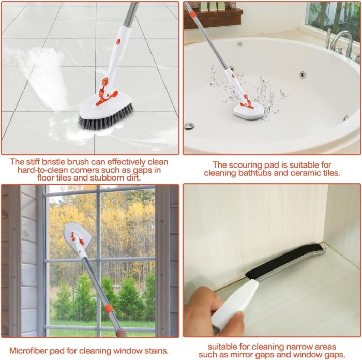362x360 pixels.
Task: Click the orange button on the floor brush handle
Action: coord(118,42)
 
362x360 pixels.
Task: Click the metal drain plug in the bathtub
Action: coord(189,126)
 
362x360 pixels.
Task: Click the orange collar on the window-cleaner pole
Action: coord(109,308)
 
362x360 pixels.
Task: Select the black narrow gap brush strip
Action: coord(284,261)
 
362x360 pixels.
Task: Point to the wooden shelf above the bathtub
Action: coord(213,19)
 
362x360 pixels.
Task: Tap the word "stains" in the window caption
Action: coord(156,351)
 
